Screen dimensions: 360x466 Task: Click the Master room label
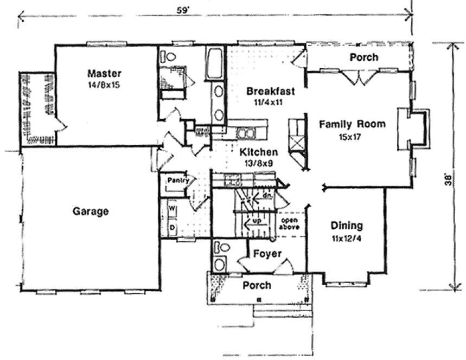(x=105, y=73)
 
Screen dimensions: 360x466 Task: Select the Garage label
(x=91, y=211)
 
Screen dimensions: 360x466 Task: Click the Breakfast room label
(x=271, y=91)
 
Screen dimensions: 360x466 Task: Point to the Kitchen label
(x=259, y=152)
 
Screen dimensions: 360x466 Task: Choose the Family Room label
(x=352, y=124)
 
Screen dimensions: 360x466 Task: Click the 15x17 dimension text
(x=352, y=136)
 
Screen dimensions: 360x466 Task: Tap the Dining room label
(x=347, y=226)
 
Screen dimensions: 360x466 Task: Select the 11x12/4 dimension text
(x=347, y=237)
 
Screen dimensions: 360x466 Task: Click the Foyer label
(x=267, y=254)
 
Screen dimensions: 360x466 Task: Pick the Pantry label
(x=177, y=180)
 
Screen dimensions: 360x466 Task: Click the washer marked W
(x=172, y=208)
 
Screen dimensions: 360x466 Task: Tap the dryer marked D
(x=172, y=228)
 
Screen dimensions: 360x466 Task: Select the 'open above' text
(x=290, y=224)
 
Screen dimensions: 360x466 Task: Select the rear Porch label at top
(x=363, y=57)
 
